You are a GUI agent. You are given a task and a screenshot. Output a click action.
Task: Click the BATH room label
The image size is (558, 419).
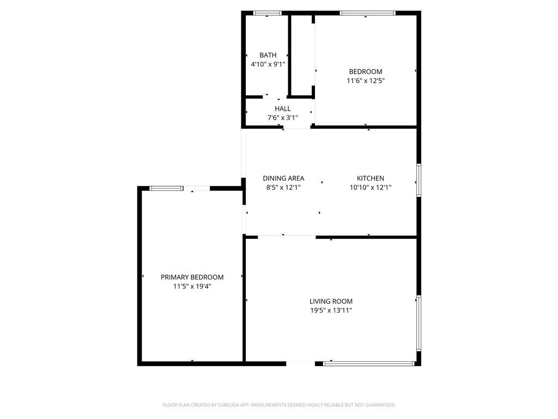pos(268,55)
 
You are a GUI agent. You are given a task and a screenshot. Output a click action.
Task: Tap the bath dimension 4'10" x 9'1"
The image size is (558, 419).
pos(268,64)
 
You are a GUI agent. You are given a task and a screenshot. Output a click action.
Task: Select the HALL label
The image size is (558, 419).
pos(282,109)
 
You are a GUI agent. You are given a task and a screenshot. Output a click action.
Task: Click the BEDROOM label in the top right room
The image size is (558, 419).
pos(365,71)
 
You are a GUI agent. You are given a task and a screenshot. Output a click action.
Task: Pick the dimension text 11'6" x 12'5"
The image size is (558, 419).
pos(365,80)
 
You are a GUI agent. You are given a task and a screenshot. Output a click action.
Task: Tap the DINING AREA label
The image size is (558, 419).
pos(283,178)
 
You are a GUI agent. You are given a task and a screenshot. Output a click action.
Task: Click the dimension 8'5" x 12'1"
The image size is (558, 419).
pos(283,187)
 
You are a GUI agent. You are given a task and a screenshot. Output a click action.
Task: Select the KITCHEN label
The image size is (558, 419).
pos(370,178)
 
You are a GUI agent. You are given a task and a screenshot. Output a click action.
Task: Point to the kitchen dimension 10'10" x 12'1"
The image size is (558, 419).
pos(370,187)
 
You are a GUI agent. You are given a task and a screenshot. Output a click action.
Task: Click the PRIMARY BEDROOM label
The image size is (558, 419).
pos(192,277)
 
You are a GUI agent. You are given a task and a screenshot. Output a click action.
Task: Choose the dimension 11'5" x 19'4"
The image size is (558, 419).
pos(192,286)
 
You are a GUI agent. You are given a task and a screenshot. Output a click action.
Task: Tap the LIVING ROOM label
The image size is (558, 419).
pos(331,301)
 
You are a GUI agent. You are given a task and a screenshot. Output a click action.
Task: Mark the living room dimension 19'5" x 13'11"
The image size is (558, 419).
pos(331,310)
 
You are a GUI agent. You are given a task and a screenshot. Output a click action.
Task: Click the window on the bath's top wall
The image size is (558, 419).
pos(267,13)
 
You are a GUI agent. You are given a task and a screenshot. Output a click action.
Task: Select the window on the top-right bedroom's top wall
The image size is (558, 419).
pos(367,13)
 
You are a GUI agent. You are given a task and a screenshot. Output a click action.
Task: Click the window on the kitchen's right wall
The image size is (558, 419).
pos(418,179)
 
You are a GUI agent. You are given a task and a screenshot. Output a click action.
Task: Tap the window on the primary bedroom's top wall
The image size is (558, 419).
pos(166,188)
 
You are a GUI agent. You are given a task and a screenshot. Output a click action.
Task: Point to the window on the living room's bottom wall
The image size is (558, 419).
pos(368,363)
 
